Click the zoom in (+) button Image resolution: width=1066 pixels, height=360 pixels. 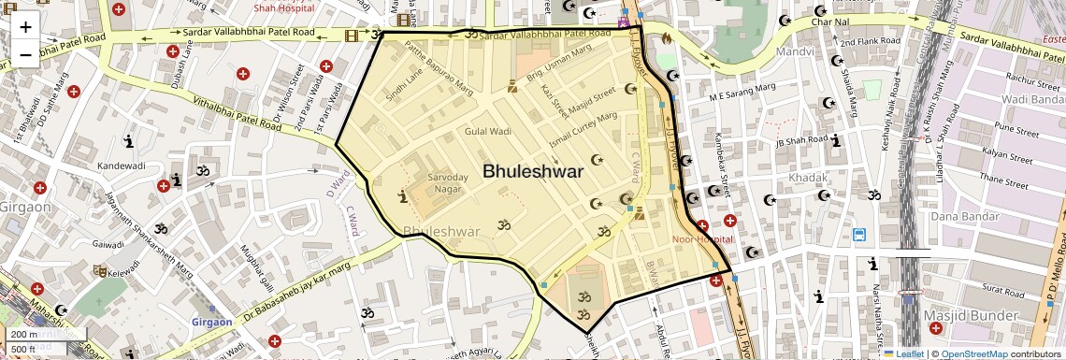coord(25,26)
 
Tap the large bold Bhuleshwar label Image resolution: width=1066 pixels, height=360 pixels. coord(533,171)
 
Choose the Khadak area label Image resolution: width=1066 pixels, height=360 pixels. coord(808,178)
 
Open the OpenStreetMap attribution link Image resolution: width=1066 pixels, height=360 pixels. coord(974,353)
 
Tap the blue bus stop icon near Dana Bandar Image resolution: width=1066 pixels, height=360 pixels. coord(858,235)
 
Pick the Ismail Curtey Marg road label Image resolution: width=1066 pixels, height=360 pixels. coord(583,129)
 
